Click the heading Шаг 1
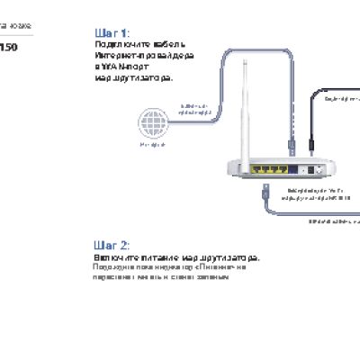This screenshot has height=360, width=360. tap(112, 32)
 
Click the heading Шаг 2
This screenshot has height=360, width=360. tap(112, 245)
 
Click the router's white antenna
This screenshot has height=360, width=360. tap(241, 108)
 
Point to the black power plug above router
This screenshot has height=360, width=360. tap(312, 144)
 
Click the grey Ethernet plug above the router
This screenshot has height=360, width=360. tap(287, 142)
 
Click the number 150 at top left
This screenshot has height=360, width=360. tap(7, 47)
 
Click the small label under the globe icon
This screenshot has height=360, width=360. tap(152, 144)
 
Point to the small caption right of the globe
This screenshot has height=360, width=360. tap(197, 109)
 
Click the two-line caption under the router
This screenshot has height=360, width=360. tap(319, 195)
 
